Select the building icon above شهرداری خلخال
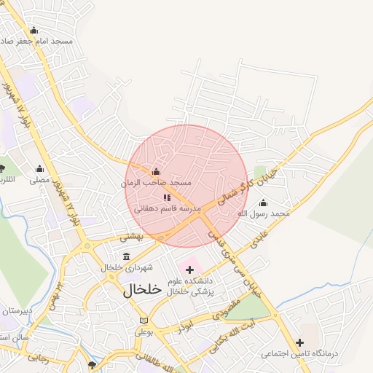(x=127, y=256)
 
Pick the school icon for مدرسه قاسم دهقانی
(x=167, y=197)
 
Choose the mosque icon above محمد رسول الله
(x=263, y=203)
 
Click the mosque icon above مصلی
(x=39, y=168)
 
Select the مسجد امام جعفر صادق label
(x=51, y=42)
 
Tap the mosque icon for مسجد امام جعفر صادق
(x=34, y=30)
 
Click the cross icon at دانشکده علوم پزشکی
(x=189, y=270)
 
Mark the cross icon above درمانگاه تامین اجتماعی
(x=299, y=342)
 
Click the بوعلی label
(x=144, y=331)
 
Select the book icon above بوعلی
(x=144, y=321)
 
